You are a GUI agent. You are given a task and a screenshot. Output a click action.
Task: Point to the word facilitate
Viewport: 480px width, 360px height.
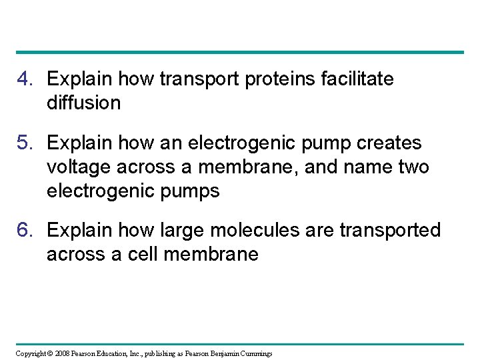tap(357, 79)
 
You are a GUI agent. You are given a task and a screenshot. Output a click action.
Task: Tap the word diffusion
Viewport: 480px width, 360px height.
tap(83, 103)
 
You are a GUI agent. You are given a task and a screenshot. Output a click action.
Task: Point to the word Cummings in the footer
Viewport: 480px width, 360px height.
tap(253, 353)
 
